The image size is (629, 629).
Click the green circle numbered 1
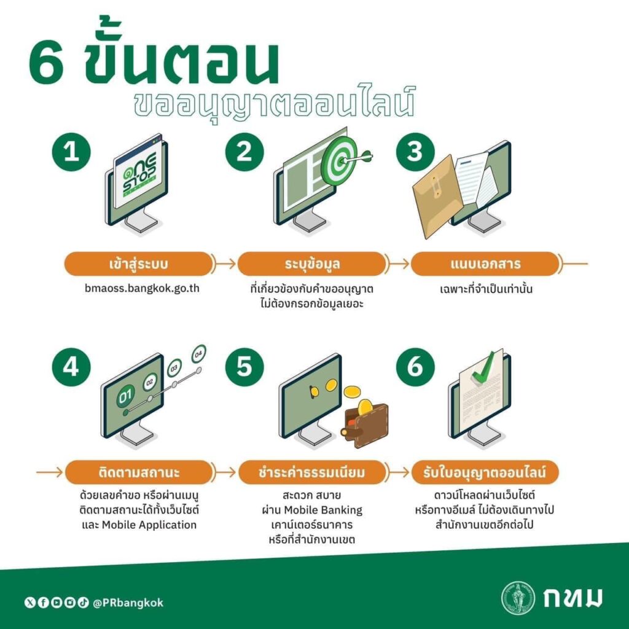tap(71, 152)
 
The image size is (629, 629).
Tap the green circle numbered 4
tap(71, 367)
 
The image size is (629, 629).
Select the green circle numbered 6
tap(415, 367)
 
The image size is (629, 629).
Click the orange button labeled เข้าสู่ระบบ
tap(138, 264)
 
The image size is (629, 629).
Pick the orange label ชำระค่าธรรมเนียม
tap(311, 472)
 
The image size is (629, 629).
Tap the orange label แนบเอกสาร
tap(485, 264)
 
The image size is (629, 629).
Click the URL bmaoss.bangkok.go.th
tap(142, 289)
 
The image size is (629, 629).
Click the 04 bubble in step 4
tap(198, 354)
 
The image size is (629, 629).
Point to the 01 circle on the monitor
tap(125, 396)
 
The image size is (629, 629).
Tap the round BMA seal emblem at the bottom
tap(518, 598)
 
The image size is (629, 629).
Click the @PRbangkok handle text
tap(128, 603)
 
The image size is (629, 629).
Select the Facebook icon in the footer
tap(43, 603)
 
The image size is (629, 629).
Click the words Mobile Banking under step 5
tap(323, 510)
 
